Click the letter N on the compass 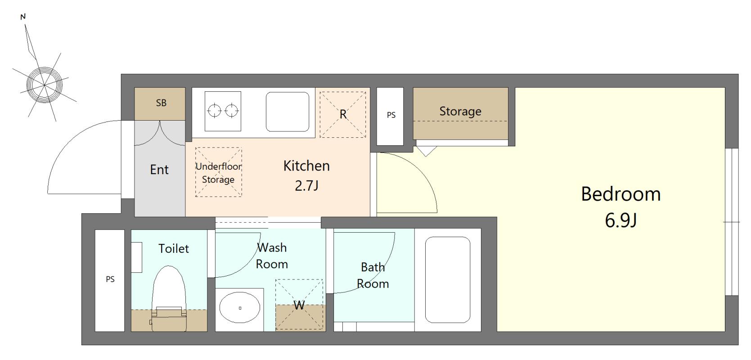23,17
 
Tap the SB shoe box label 161,103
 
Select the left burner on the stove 214,111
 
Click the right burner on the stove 232,111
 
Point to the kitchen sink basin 288,112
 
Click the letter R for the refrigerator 342,114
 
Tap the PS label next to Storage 391,115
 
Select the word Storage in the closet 460,111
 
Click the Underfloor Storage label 218,173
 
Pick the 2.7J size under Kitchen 306,185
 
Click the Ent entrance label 159,170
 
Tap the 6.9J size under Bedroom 621,220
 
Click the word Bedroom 621,194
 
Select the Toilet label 173,248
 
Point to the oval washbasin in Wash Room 240,308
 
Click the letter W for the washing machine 299,305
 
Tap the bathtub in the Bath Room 448,279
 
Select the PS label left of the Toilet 110,279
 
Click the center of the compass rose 44,85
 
